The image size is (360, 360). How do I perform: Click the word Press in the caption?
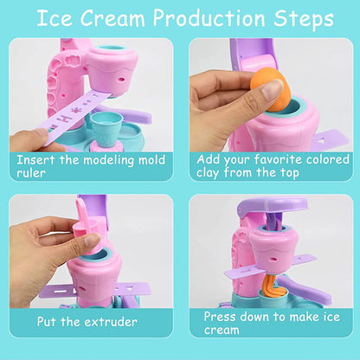pos(222,318)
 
